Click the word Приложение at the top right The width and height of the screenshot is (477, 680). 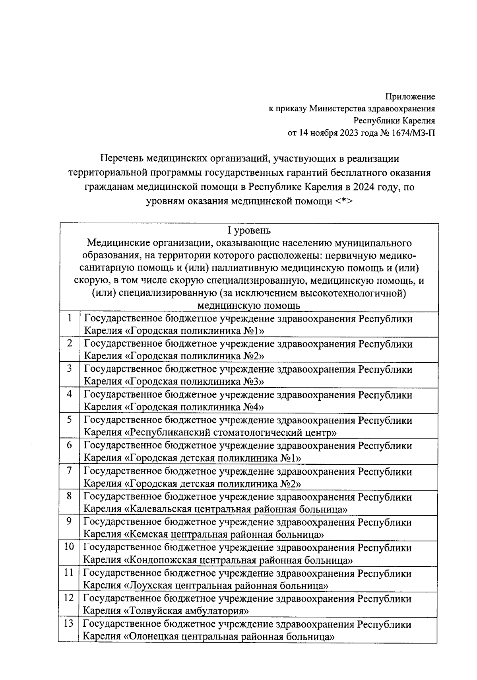pos(410,97)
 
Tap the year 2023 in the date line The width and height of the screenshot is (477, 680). pos(349,132)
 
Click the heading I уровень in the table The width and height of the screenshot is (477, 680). pos(248,230)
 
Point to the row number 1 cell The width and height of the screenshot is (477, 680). pos(70,318)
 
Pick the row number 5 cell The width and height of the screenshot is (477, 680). pos(70,420)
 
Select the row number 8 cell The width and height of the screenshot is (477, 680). pos(70,496)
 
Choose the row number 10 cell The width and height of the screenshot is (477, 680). pos(69,547)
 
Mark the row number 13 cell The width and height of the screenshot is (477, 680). pos(69,623)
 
